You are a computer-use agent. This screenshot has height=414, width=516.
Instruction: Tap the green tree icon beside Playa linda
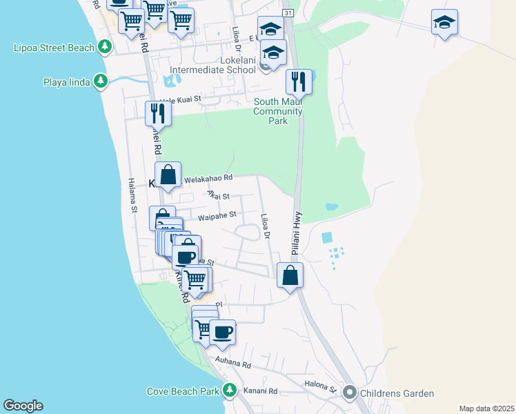pos(101,82)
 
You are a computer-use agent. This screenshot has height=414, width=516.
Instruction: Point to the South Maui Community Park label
pos(279,111)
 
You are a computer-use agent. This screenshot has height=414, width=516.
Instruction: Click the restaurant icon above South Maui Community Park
pos(299,81)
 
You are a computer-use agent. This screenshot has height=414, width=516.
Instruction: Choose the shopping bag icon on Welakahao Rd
pos(168,175)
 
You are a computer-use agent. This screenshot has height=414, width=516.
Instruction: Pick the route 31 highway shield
pos(288,13)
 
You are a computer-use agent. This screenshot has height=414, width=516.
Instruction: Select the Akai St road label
pos(218,196)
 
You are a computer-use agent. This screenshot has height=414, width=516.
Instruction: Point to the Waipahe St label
pos(217,216)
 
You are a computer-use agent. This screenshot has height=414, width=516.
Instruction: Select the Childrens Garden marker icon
pos(349,393)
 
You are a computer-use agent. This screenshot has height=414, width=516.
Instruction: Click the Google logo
pos(23,406)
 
